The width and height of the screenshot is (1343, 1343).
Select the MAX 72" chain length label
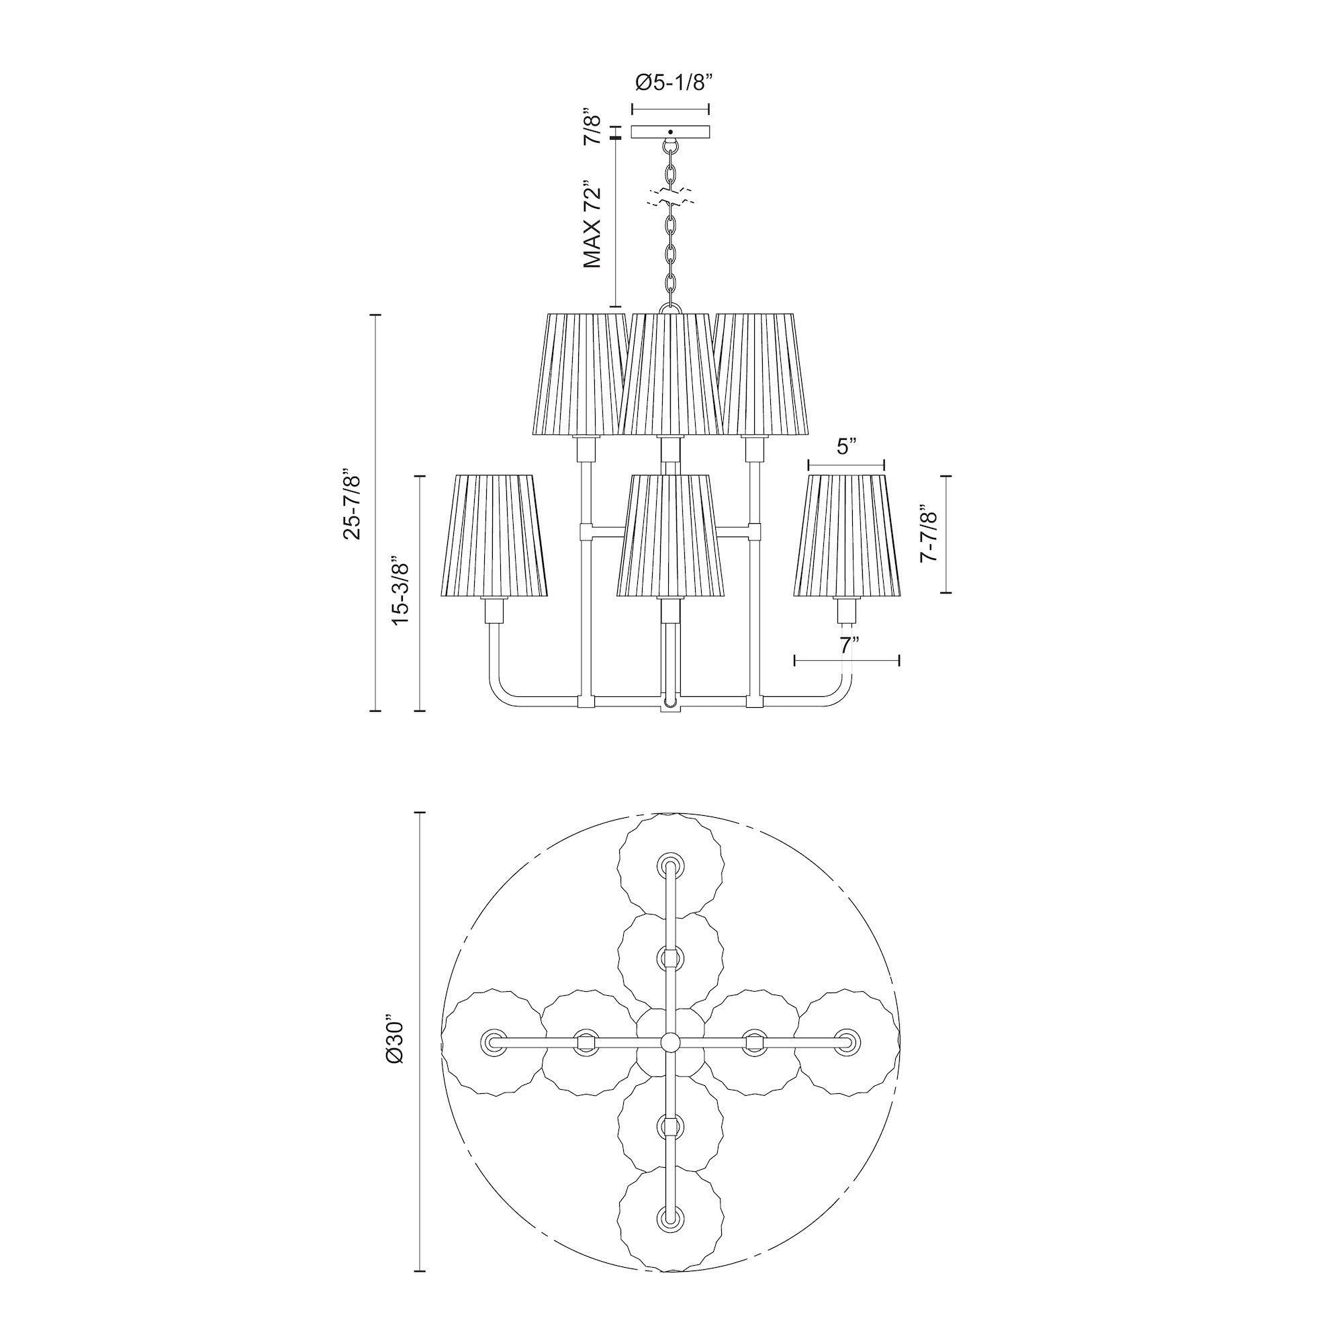tap(592, 225)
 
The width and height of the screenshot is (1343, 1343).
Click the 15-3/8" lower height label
tap(401, 591)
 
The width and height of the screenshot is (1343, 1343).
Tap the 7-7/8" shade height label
tap(929, 533)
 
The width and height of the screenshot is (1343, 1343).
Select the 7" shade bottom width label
tap(845, 645)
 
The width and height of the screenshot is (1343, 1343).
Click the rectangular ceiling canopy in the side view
tap(670, 132)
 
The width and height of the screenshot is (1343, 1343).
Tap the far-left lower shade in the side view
tap(494, 535)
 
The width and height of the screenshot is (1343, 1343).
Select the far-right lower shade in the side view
tap(847, 535)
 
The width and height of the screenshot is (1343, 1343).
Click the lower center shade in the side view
tap(670, 535)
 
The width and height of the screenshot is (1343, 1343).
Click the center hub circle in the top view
tap(670, 1062)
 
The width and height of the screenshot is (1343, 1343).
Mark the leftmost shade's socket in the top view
tap(494, 1061)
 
